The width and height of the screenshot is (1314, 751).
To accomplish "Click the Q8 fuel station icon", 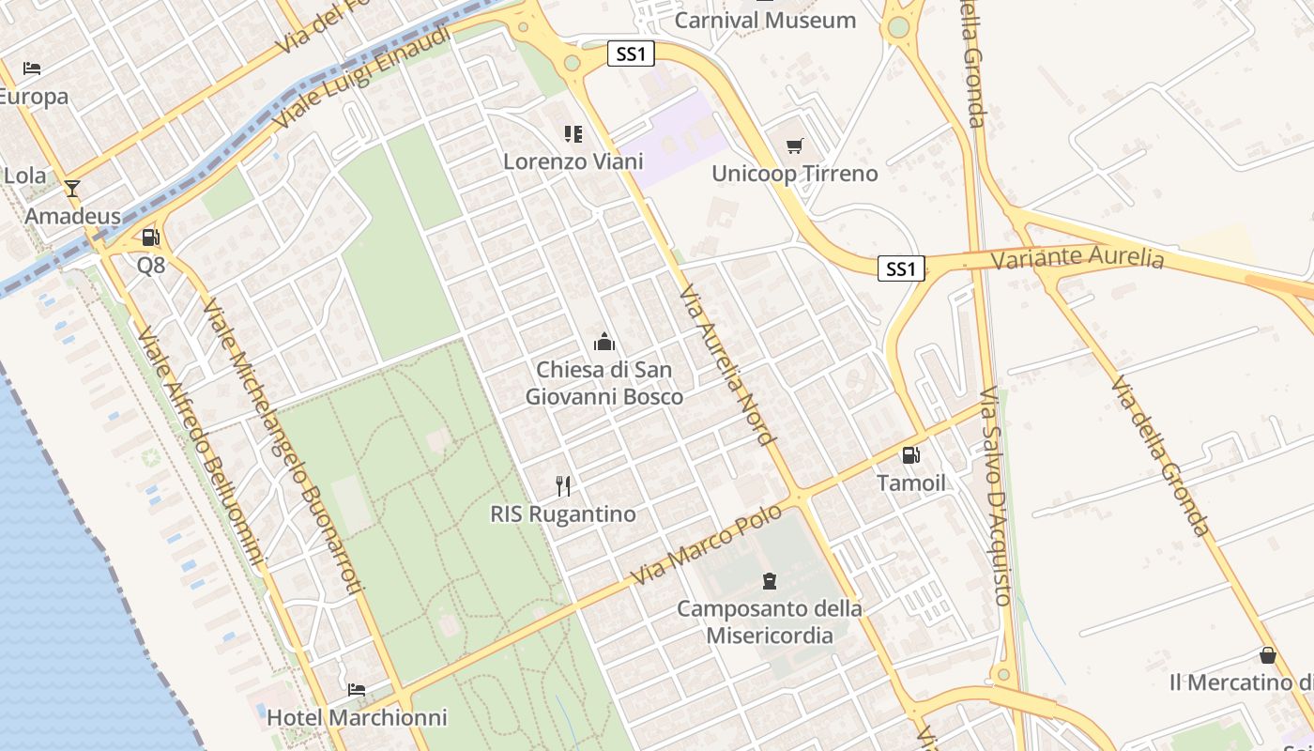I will (x=150, y=238).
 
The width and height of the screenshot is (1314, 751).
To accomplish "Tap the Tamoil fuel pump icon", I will (x=910, y=455).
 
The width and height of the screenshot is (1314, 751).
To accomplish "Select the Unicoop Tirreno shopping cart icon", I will (x=795, y=146).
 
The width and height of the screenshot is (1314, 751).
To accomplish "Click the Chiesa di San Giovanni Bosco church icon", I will (x=604, y=342).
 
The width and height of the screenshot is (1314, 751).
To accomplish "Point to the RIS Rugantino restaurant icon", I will (x=563, y=485).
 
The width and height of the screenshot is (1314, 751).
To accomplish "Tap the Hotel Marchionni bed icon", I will (x=357, y=689).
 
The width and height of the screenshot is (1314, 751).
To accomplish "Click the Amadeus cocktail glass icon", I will (x=72, y=188).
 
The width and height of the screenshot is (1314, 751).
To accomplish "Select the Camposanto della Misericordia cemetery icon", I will (x=770, y=580).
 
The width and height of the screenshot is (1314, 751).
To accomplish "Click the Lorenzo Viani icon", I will (x=573, y=134).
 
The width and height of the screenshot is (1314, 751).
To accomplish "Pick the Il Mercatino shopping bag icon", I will (x=1268, y=654).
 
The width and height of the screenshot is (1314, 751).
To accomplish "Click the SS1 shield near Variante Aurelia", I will (x=901, y=269).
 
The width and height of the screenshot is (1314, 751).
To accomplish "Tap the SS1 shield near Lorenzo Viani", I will (x=630, y=54).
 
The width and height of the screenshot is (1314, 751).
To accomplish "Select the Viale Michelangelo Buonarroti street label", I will (x=282, y=446).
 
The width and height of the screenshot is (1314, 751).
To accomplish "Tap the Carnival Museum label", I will (x=765, y=20).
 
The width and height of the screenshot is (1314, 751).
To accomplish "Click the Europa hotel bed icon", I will (x=31, y=69).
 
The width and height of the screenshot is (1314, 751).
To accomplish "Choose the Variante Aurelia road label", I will (x=1077, y=257).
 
